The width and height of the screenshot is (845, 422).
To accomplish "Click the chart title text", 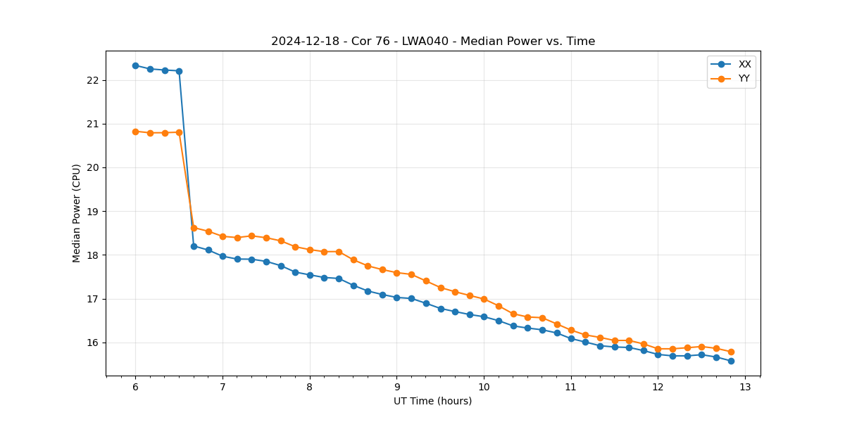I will pyautogui.click(x=433, y=41).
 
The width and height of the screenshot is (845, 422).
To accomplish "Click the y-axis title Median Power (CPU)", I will pyautogui.click(x=77, y=213).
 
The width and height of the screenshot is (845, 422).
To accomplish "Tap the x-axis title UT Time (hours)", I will pyautogui.click(x=433, y=401).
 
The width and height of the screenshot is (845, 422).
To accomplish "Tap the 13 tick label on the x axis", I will pyautogui.click(x=745, y=388).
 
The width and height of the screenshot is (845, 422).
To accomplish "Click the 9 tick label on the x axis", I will pyautogui.click(x=396, y=388).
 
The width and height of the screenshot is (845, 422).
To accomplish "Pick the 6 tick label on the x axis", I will pyautogui.click(x=135, y=388).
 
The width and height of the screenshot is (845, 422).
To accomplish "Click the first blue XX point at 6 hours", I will pyautogui.click(x=135, y=65).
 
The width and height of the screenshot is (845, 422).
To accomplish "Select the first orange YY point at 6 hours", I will pyautogui.click(x=135, y=132).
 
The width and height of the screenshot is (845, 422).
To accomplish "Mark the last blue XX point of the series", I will pyautogui.click(x=731, y=361).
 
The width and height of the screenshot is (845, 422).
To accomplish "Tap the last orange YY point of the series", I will pyautogui.click(x=731, y=352).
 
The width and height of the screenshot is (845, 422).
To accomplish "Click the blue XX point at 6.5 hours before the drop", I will pyautogui.click(x=179, y=71).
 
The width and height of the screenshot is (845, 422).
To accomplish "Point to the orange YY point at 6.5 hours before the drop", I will pyautogui.click(x=179, y=132).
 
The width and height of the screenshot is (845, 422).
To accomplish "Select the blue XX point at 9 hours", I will pyautogui.click(x=396, y=298).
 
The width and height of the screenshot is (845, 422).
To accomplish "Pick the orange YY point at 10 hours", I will pyautogui.click(x=484, y=299).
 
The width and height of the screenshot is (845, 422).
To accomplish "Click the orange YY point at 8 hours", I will pyautogui.click(x=310, y=250).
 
